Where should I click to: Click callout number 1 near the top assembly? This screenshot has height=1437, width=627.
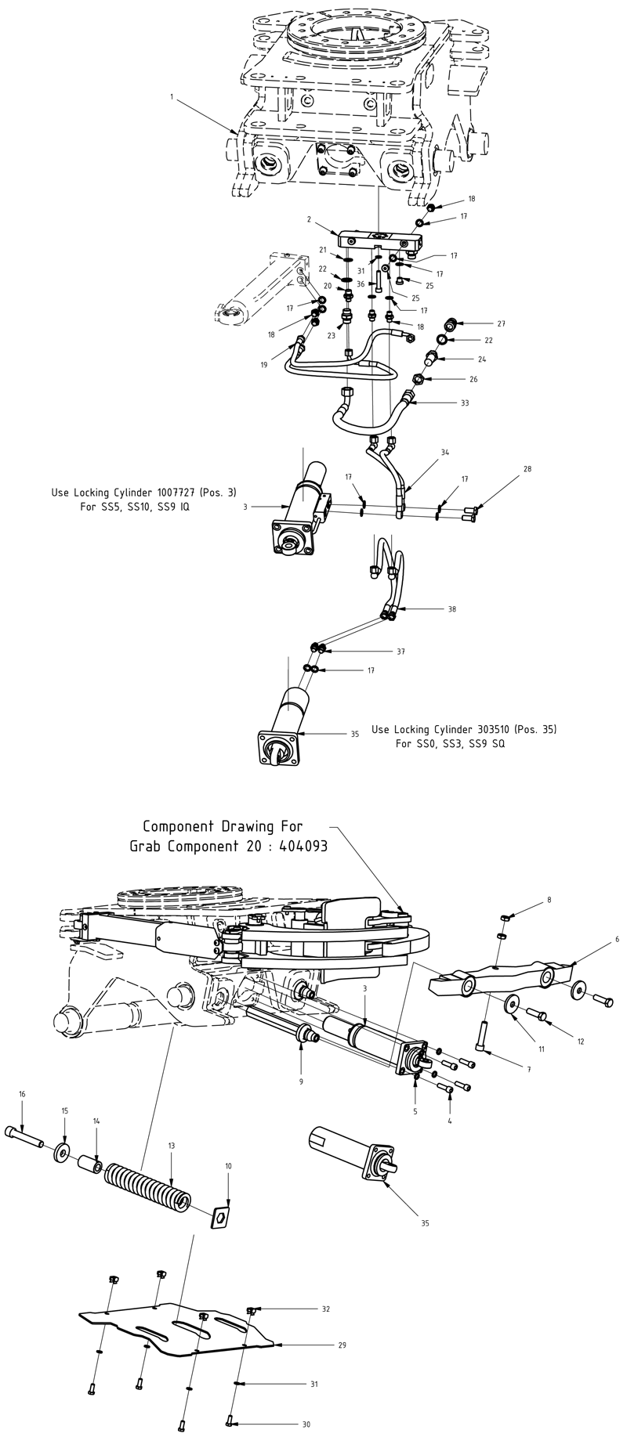pos(172,96)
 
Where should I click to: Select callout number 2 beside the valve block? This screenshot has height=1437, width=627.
pos(310,221)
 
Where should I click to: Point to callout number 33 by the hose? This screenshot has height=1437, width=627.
pos(465,403)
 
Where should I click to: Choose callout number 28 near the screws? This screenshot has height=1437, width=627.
pos(527,469)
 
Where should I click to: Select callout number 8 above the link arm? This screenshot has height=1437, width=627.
pos(549,901)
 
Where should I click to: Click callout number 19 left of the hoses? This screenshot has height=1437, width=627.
pos(265,365)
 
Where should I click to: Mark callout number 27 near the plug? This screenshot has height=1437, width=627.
pos(502,323)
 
